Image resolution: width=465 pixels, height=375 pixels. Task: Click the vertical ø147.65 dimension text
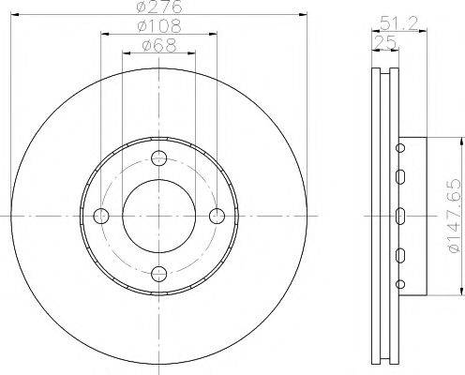452,214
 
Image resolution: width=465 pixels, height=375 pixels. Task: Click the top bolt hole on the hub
158,157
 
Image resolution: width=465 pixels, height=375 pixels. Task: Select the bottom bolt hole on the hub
158,273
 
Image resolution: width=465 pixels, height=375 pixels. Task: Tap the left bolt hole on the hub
101,216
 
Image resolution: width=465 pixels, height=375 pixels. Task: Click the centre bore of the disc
158,216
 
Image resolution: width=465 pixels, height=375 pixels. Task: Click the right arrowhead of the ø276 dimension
301,15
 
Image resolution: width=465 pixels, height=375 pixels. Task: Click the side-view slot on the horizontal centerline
399,216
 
